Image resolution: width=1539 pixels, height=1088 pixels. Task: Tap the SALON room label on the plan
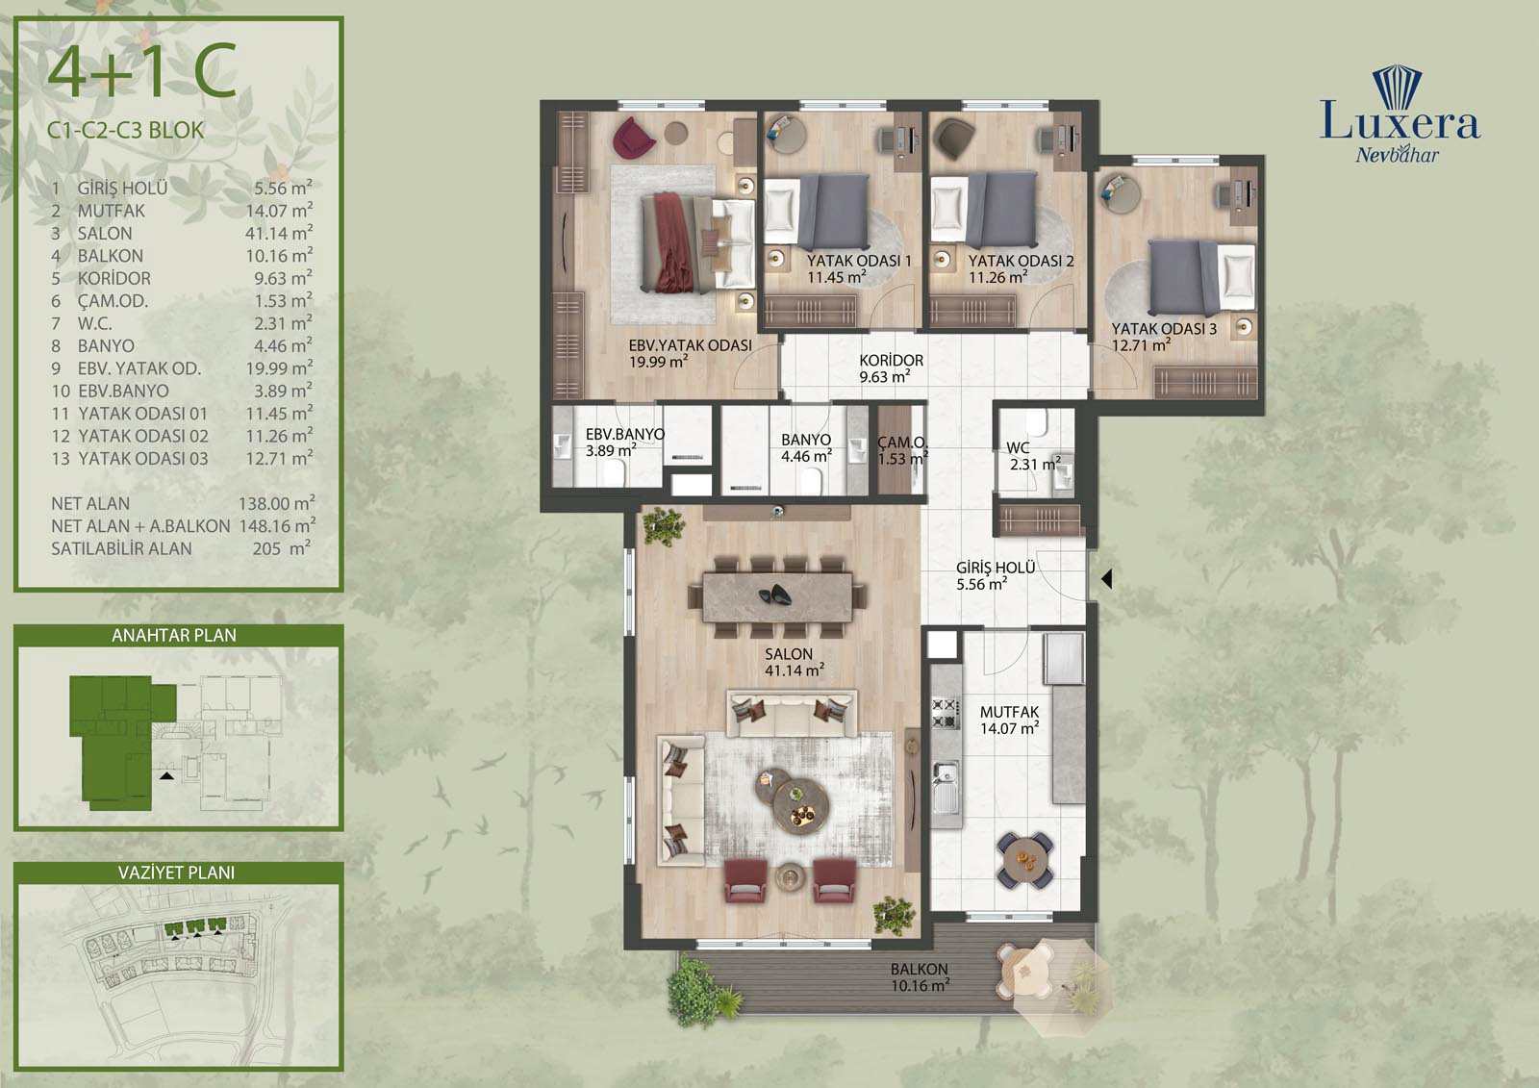click(789, 653)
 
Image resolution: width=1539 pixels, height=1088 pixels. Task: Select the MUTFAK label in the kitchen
click(1009, 712)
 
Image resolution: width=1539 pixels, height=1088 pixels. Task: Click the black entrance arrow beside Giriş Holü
click(1106, 579)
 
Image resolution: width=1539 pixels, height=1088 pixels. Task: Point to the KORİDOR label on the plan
click(891, 360)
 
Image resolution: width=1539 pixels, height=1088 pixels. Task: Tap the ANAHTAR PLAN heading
click(174, 635)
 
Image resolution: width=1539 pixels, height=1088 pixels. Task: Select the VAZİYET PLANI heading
click(177, 873)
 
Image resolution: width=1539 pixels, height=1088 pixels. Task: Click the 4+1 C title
click(142, 70)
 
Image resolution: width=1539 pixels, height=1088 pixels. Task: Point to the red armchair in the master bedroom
click(634, 136)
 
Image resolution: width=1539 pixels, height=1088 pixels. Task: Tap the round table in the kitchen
click(1024, 860)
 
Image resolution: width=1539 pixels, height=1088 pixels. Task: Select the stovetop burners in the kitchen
click(945, 714)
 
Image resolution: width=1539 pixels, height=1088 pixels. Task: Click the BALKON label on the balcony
click(920, 969)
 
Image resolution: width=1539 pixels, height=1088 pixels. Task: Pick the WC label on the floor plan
click(1019, 447)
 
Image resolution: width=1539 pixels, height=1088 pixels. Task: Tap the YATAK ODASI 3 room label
click(1164, 329)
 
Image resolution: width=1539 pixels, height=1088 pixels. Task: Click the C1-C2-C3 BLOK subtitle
click(126, 130)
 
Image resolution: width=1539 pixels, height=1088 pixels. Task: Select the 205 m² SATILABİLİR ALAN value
click(281, 547)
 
